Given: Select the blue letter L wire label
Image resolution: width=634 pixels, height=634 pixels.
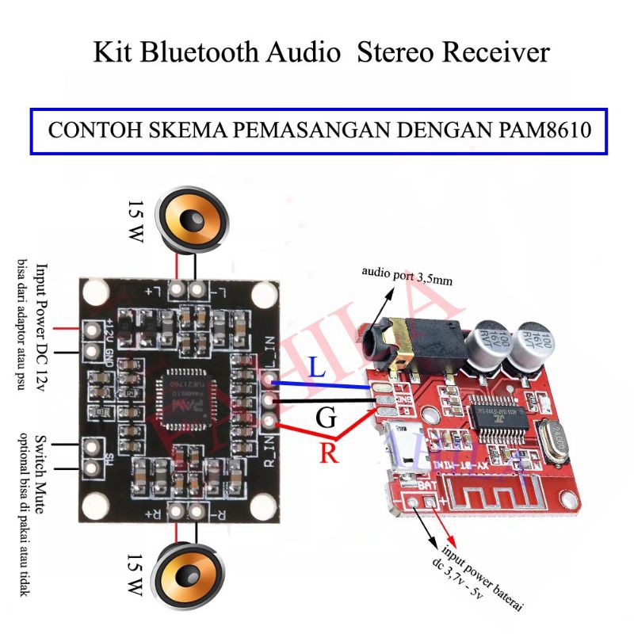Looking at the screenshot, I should click(x=316, y=369).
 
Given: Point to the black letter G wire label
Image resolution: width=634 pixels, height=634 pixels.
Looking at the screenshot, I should click(x=326, y=418).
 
